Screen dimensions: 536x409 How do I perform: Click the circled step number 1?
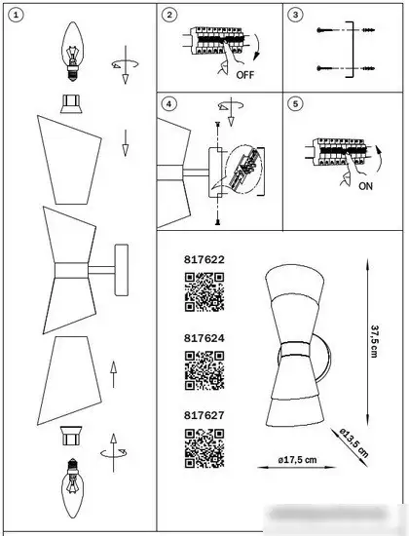pos(13,15)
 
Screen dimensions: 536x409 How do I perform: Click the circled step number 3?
pos(297,15)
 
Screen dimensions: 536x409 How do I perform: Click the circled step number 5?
pos(297,102)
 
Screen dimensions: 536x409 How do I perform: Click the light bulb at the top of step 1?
pos(72,48)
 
